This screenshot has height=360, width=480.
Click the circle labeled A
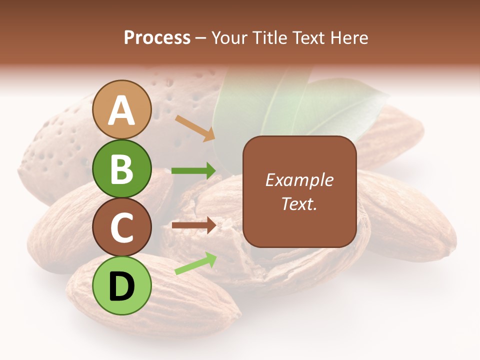pos(121,110)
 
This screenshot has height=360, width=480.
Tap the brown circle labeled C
pos(121,227)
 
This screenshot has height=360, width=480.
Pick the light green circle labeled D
pos(121,285)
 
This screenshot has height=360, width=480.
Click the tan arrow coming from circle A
pos(195,127)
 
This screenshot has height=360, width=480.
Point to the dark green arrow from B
pos(193,171)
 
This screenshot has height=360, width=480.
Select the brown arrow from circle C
pos(193,225)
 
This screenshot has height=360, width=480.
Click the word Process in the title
pos(157,37)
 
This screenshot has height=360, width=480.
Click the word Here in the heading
pos(349,37)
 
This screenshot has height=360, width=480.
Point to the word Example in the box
pos(299,180)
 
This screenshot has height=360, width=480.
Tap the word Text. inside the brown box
pos(299,204)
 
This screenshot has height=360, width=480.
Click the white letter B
pos(121,168)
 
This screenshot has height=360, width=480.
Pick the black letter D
pos(121,286)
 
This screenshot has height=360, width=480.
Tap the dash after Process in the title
pos(201,38)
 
